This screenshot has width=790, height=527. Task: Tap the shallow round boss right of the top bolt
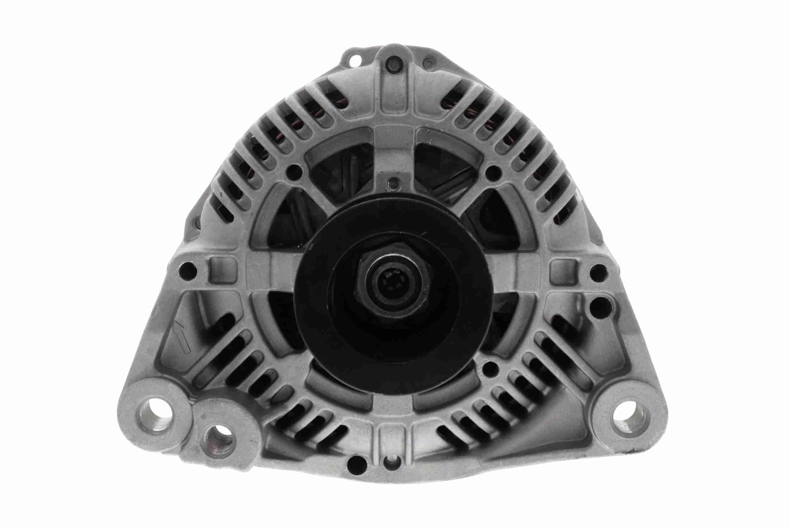429,63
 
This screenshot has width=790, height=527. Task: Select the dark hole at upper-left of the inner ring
295,172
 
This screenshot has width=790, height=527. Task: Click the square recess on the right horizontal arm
564,270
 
